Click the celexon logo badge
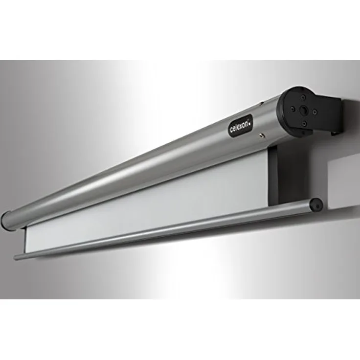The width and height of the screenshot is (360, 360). tap(241, 126)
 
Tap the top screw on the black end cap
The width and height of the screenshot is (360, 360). tap(303, 97)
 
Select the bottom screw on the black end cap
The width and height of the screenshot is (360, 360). tap(304, 124)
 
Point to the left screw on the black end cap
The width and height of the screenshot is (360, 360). tap(292, 109)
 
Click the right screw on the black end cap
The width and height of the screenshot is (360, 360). tap(315, 112)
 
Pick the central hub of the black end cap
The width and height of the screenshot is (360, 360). tap(304, 110)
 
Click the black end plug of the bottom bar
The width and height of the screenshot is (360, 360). tap(316, 204)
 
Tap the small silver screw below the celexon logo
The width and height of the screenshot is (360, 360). tap(262, 135)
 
